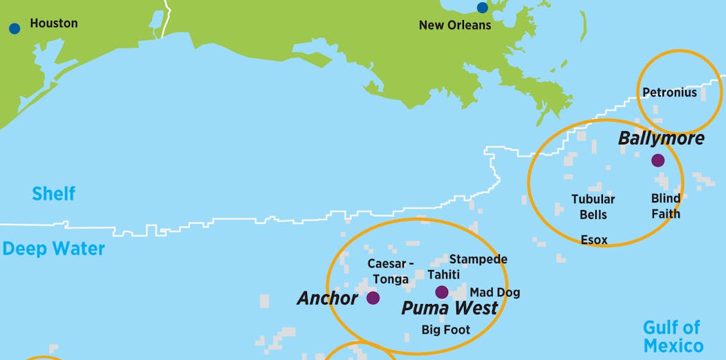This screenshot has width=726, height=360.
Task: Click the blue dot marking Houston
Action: click(x=15, y=28)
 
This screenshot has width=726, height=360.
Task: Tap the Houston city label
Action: click(x=54, y=23)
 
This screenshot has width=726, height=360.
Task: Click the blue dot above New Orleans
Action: click(x=482, y=8)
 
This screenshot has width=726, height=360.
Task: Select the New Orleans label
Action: click(x=455, y=26)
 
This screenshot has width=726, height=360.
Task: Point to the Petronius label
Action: click(x=669, y=93)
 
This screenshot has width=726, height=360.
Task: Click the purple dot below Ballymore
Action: click(x=658, y=160)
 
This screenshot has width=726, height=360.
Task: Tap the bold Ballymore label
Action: click(x=661, y=138)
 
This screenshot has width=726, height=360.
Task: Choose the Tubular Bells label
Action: click(x=593, y=207)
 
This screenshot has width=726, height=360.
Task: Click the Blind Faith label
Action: click(x=665, y=206)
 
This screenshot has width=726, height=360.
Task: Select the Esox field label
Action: click(x=594, y=240)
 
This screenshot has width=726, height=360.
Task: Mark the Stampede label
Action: click(x=478, y=259)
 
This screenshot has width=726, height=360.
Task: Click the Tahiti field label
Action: click(x=443, y=274)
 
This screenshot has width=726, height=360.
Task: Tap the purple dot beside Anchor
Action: click(x=373, y=298)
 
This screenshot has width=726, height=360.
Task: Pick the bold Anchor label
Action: click(x=327, y=298)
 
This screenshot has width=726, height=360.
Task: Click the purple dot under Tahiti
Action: click(x=442, y=292)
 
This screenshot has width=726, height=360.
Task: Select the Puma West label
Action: click(x=449, y=308)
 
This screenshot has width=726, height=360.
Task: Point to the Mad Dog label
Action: click(x=495, y=292)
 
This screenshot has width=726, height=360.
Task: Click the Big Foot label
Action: click(x=446, y=330)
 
